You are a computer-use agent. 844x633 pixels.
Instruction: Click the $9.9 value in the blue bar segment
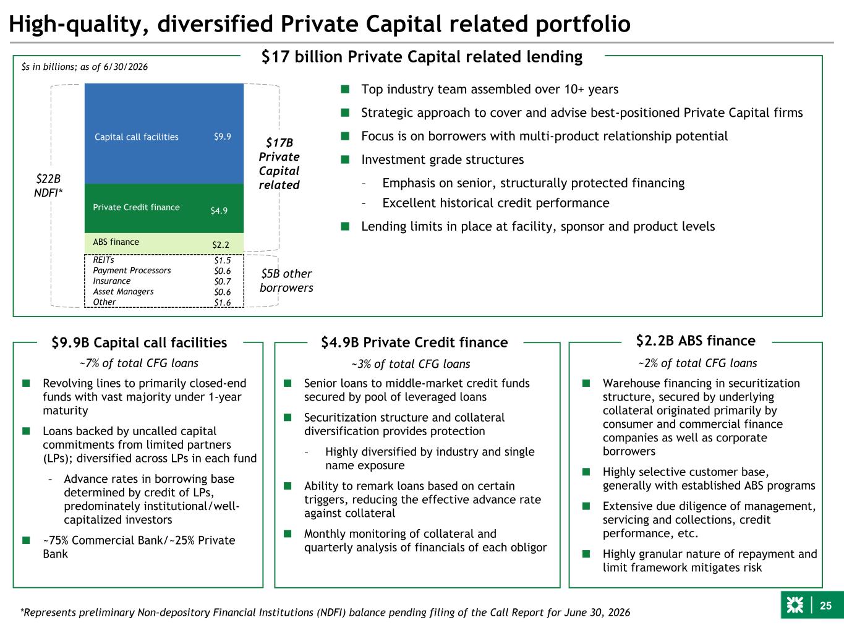pos(222,137)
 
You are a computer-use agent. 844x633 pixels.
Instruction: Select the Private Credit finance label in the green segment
pos(136,207)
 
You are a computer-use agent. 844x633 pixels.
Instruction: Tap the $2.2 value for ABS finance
pos(220,245)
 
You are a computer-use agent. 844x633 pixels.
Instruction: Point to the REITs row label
pos(103,260)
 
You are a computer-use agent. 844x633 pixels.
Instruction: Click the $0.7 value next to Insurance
pos(222,281)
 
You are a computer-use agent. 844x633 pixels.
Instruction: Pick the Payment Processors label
pos(132,271)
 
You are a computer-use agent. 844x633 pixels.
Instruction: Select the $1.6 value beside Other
pos(222,302)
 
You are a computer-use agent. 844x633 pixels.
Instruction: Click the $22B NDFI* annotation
pos(48,185)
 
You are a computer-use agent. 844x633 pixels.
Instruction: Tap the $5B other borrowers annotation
pos(286,281)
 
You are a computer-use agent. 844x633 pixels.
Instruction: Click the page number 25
pos(825,606)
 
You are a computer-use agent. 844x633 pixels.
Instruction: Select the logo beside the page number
pos(795,605)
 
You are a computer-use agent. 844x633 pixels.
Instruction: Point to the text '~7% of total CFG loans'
pos(139,363)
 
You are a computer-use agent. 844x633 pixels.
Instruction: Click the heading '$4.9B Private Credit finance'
pos(414,342)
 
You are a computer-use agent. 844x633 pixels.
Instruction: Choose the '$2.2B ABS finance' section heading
pos(696,341)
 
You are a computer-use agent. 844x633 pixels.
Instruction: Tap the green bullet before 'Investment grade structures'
pos(345,159)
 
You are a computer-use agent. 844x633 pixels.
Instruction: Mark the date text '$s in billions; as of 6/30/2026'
pos(85,67)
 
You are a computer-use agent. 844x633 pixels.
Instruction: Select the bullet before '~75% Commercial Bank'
pos(26,540)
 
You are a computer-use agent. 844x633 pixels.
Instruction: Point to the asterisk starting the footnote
pos(22,611)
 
